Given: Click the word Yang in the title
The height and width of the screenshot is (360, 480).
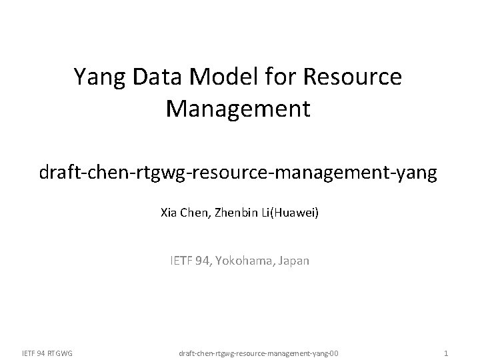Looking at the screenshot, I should click(x=98, y=78).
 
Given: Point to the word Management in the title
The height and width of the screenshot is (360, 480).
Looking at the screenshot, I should click(x=238, y=109).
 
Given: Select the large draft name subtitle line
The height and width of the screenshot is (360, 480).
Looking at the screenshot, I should click(x=238, y=174).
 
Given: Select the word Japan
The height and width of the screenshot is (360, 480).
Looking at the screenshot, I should click(x=293, y=261).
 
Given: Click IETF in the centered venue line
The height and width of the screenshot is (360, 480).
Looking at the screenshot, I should click(x=181, y=261).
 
